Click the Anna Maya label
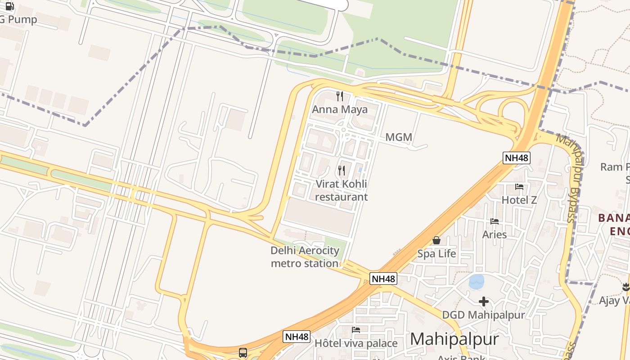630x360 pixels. [x=340, y=109]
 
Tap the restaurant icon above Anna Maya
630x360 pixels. [x=340, y=96]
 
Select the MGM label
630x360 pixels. [x=399, y=137]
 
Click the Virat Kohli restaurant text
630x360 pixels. [x=341, y=190]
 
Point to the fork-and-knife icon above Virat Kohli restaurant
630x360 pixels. [x=342, y=171]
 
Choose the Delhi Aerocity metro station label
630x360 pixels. [x=305, y=257]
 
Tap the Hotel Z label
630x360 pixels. [x=519, y=200]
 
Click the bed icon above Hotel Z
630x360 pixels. [x=519, y=186]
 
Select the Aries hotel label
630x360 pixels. [x=495, y=234]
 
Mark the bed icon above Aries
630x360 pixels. [x=495, y=221]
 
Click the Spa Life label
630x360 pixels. [x=436, y=254]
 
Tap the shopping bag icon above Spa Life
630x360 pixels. [x=436, y=240]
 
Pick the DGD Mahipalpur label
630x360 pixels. [x=483, y=315]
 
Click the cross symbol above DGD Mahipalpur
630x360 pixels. [x=484, y=301]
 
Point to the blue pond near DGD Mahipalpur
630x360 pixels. [x=476, y=282]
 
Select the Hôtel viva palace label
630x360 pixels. [x=356, y=343]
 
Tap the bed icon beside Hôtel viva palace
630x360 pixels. [x=356, y=330]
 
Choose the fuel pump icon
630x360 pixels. [x=10, y=6]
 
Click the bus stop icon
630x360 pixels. [x=243, y=352]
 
